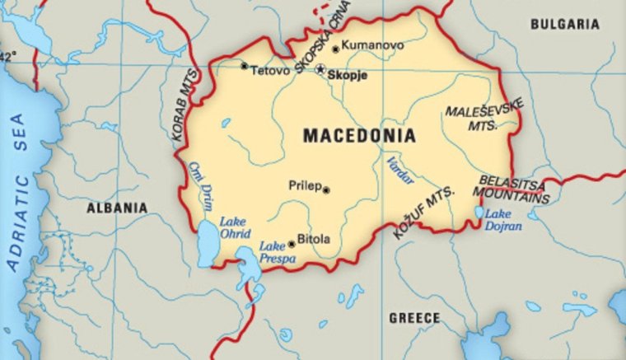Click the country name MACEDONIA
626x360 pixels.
click(x=359, y=136)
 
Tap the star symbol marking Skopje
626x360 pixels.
click(x=320, y=70)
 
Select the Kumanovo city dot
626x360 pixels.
click(x=335, y=49)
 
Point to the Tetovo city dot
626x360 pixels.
click(x=244, y=66)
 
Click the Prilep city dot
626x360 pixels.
click(x=326, y=189)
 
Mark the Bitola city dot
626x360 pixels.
click(x=291, y=244)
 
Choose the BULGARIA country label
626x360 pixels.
click(x=564, y=25)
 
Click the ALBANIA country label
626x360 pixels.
click(x=117, y=208)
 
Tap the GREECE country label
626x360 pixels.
click(x=414, y=318)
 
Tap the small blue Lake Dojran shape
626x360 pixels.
click(x=479, y=213)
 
